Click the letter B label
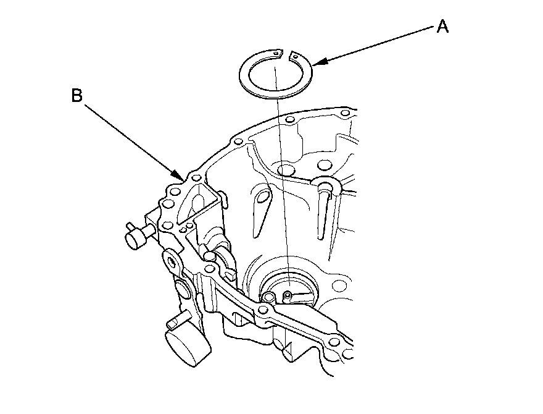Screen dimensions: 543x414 pyautogui.click(x=77, y=96)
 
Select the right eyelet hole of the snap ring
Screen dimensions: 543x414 pyautogui.click(x=297, y=57)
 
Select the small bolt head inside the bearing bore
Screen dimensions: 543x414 pyautogui.click(x=288, y=296)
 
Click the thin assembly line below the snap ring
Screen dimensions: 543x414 pyautogui.click(x=281, y=185)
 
